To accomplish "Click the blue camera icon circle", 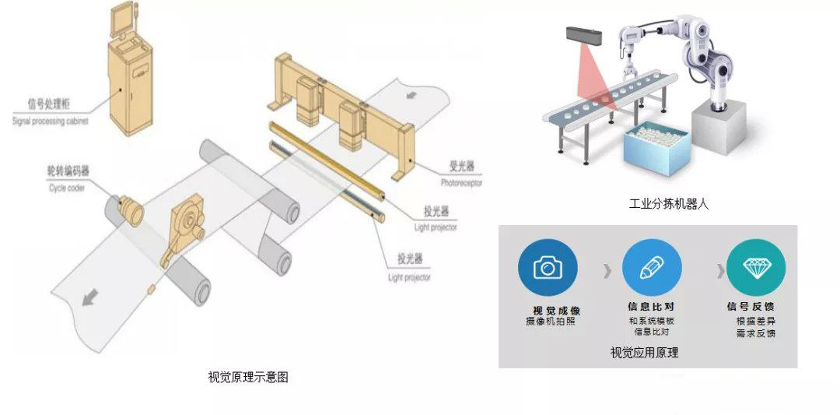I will [548, 267].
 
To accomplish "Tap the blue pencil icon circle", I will [651, 267].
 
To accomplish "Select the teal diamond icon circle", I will [755, 267].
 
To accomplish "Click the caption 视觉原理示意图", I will [248, 378].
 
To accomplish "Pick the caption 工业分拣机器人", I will [669, 204].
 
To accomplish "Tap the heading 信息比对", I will [651, 307].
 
